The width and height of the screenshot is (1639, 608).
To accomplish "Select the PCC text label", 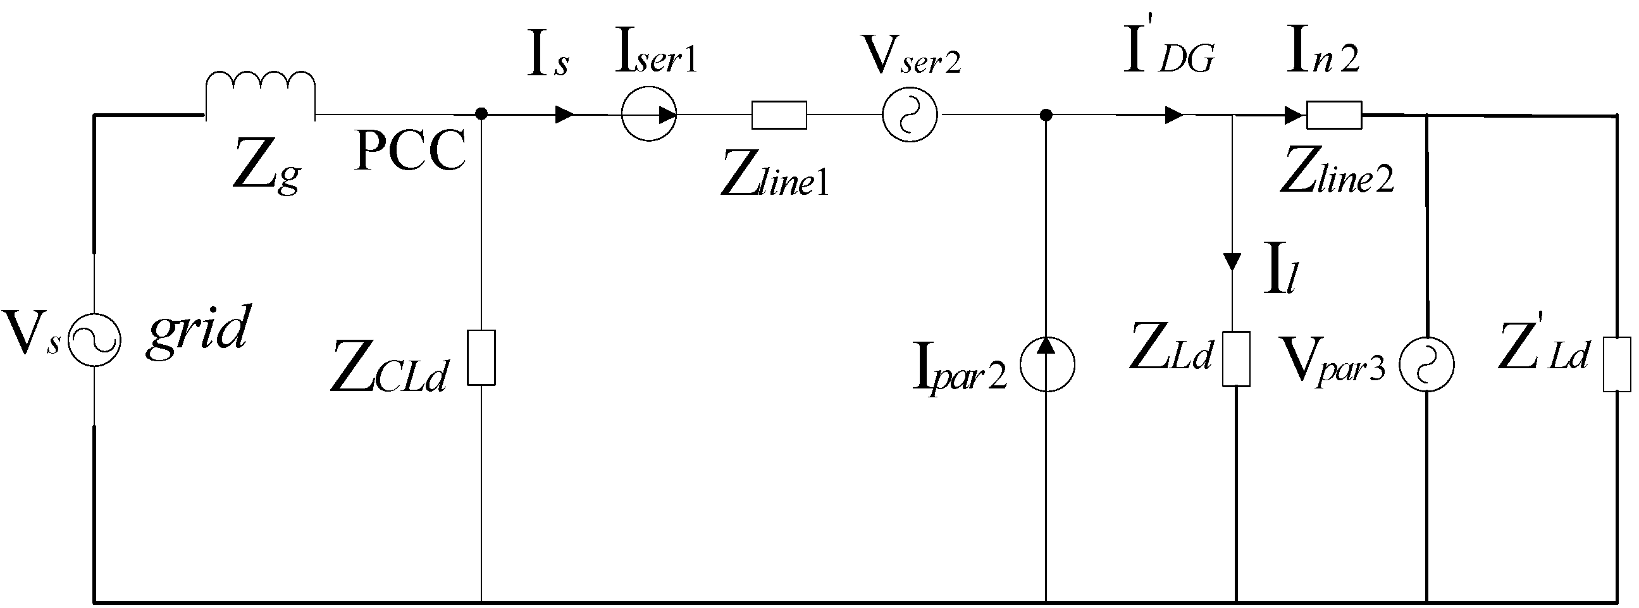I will pyautogui.click(x=411, y=151).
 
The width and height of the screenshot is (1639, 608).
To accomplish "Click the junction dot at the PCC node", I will pyautogui.click(x=481, y=115).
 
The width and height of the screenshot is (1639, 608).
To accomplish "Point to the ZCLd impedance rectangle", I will pyautogui.click(x=481, y=357).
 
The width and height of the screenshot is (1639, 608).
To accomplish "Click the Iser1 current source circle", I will pyautogui.click(x=648, y=115).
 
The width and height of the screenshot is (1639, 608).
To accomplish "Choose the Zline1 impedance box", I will pyautogui.click(x=779, y=115).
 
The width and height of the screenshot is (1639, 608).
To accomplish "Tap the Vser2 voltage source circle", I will pyautogui.click(x=909, y=115).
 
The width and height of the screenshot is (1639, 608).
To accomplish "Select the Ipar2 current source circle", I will pyautogui.click(x=1047, y=364).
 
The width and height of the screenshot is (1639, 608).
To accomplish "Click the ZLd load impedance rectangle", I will pyautogui.click(x=1235, y=359).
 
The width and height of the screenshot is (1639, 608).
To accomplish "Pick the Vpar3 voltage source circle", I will pyautogui.click(x=1426, y=364).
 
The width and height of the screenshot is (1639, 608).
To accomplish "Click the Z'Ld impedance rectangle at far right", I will pyautogui.click(x=1617, y=364).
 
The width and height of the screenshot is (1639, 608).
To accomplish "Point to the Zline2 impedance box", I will pyautogui.click(x=1334, y=115).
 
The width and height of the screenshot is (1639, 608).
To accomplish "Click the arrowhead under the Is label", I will pyautogui.click(x=565, y=115).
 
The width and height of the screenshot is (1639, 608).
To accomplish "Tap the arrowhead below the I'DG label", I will pyautogui.click(x=1174, y=115).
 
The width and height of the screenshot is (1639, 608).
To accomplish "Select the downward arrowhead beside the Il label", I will pyautogui.click(x=1232, y=261).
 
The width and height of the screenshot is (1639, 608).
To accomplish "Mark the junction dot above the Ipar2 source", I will pyautogui.click(x=1046, y=115).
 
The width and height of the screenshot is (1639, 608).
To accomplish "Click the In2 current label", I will pyautogui.click(x=1322, y=51).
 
